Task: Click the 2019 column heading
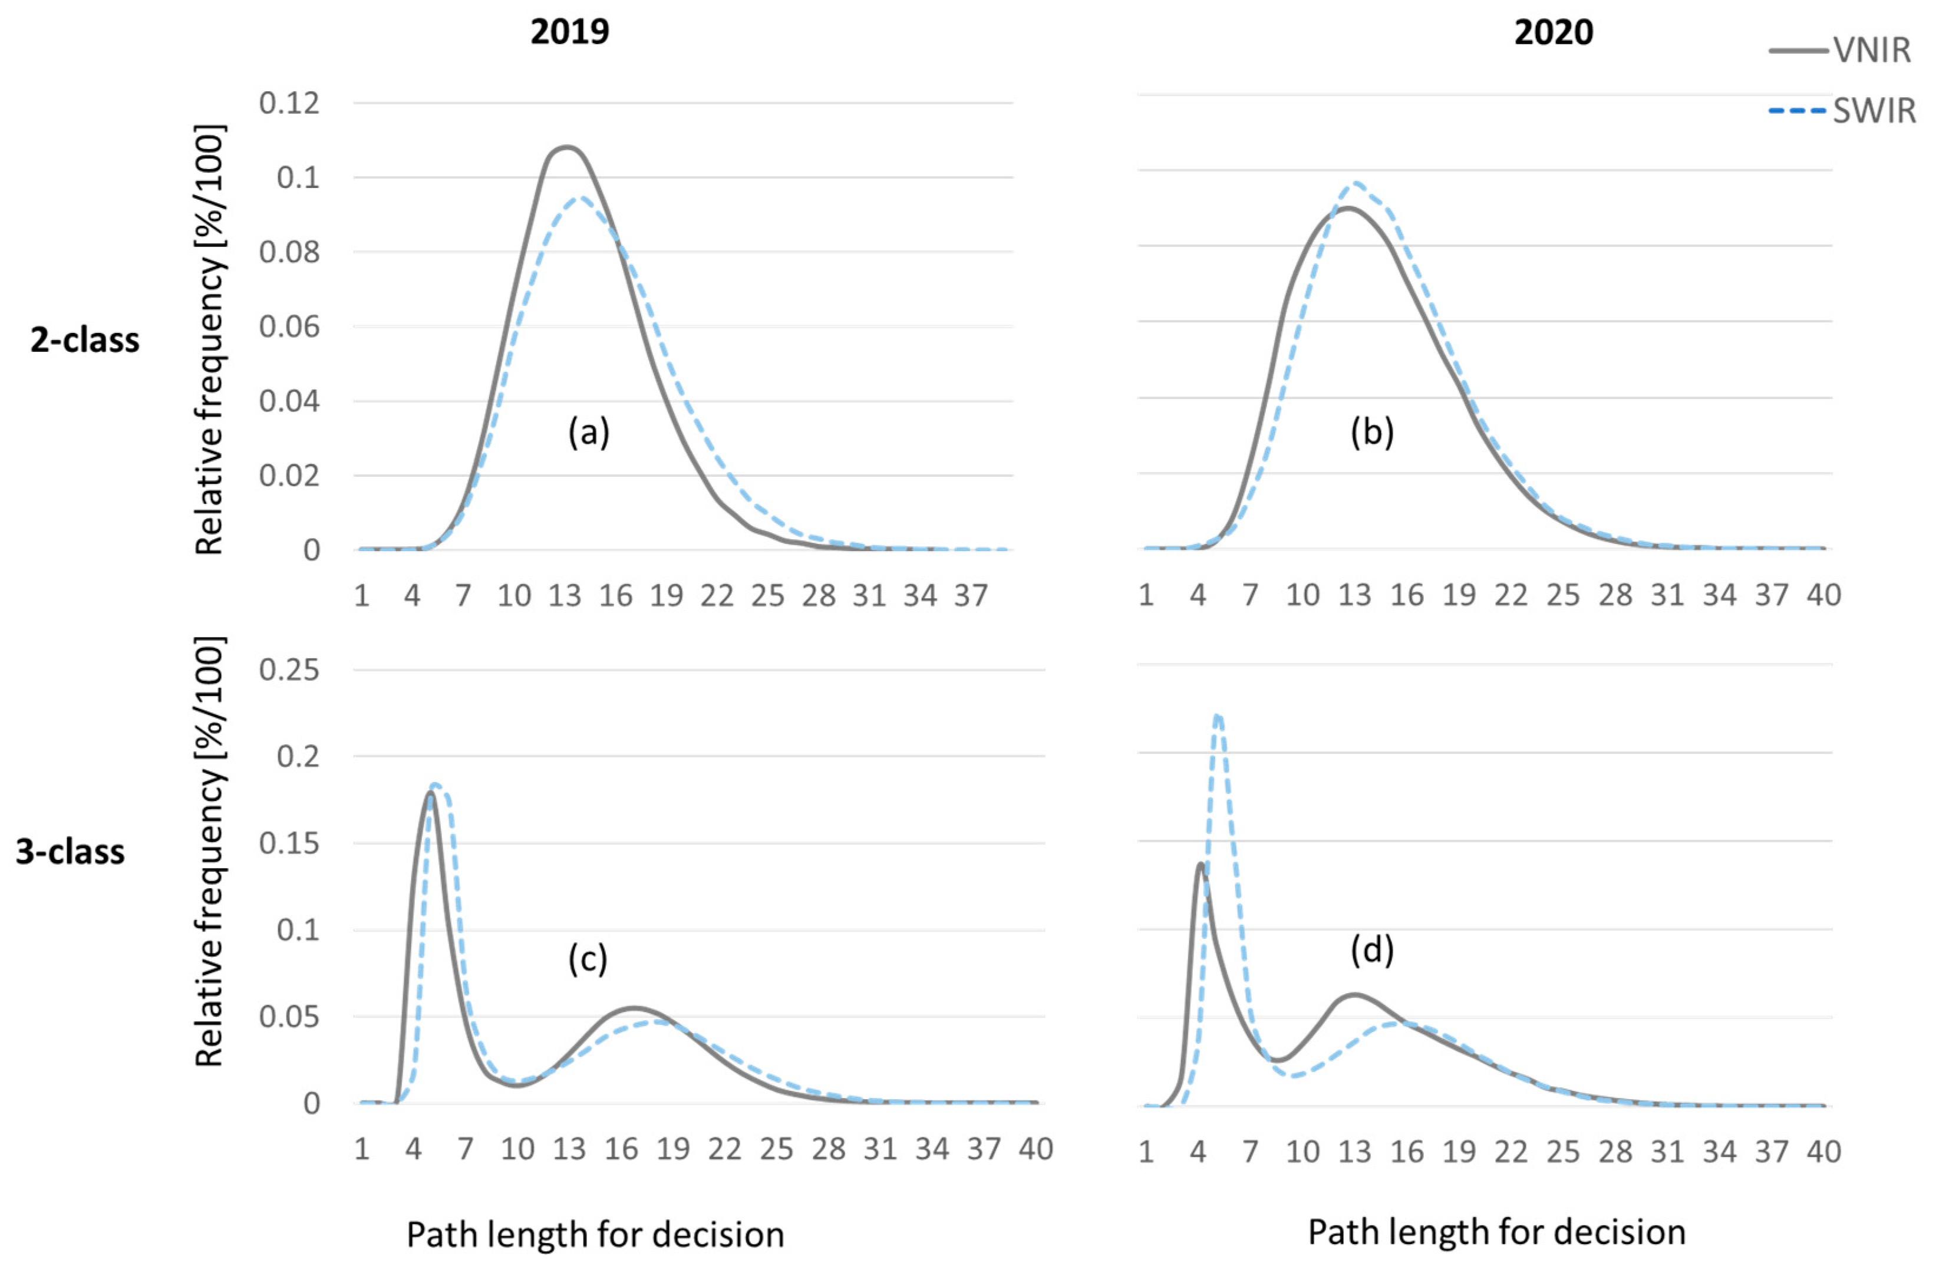[x=569, y=32]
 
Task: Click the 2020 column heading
[x=1553, y=32]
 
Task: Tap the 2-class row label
[x=85, y=339]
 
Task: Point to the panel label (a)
[x=588, y=432]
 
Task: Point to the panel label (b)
[x=1372, y=432]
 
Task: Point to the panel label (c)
[x=588, y=958]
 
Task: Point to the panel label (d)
[x=1372, y=950]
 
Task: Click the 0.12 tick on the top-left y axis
[x=289, y=104]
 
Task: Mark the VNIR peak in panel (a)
[x=566, y=147]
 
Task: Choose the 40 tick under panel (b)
[x=1823, y=595]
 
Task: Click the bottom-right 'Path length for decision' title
[x=1496, y=1232]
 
